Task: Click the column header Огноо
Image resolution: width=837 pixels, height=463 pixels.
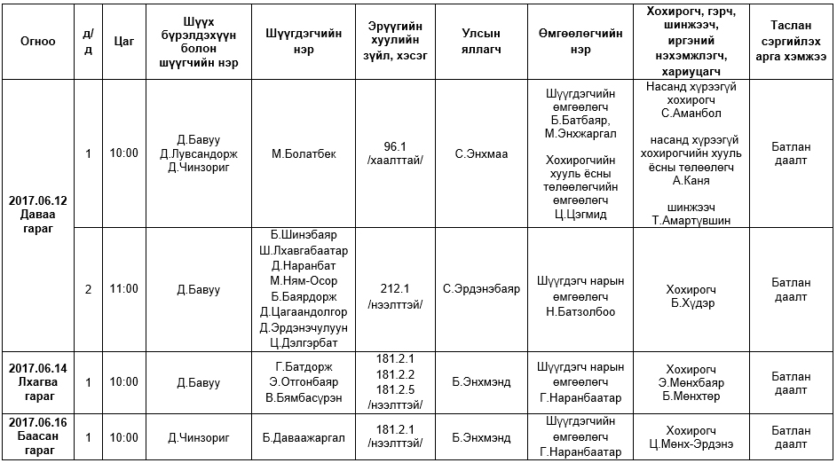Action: click(x=38, y=41)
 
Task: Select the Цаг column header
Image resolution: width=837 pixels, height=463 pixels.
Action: click(x=124, y=41)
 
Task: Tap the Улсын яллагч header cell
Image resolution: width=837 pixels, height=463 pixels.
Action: click(x=481, y=41)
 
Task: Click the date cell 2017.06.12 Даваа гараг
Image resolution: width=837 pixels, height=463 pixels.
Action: click(x=38, y=214)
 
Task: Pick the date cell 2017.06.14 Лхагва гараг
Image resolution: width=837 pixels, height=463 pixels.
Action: click(x=38, y=381)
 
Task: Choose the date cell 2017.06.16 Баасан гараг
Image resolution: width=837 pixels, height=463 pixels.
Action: click(x=38, y=436)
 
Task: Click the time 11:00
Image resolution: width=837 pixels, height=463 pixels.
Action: click(x=124, y=288)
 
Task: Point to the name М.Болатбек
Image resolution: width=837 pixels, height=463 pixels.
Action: click(x=304, y=153)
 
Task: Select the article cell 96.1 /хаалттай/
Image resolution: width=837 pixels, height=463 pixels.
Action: click(x=395, y=153)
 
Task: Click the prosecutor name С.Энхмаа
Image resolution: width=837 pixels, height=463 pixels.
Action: click(x=481, y=153)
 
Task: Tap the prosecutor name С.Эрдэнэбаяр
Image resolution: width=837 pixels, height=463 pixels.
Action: click(x=481, y=288)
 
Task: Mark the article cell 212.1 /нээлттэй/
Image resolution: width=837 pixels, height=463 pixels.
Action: click(x=395, y=296)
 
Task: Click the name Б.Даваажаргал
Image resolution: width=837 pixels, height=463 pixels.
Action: click(x=304, y=437)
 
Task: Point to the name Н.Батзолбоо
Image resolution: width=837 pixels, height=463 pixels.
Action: click(x=580, y=311)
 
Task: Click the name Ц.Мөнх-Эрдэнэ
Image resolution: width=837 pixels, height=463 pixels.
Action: click(x=692, y=444)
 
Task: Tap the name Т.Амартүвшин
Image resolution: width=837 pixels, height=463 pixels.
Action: click(x=692, y=220)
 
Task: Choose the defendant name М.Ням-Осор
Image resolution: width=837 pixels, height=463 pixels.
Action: click(x=304, y=281)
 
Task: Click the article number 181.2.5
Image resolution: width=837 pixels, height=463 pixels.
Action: click(x=395, y=388)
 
